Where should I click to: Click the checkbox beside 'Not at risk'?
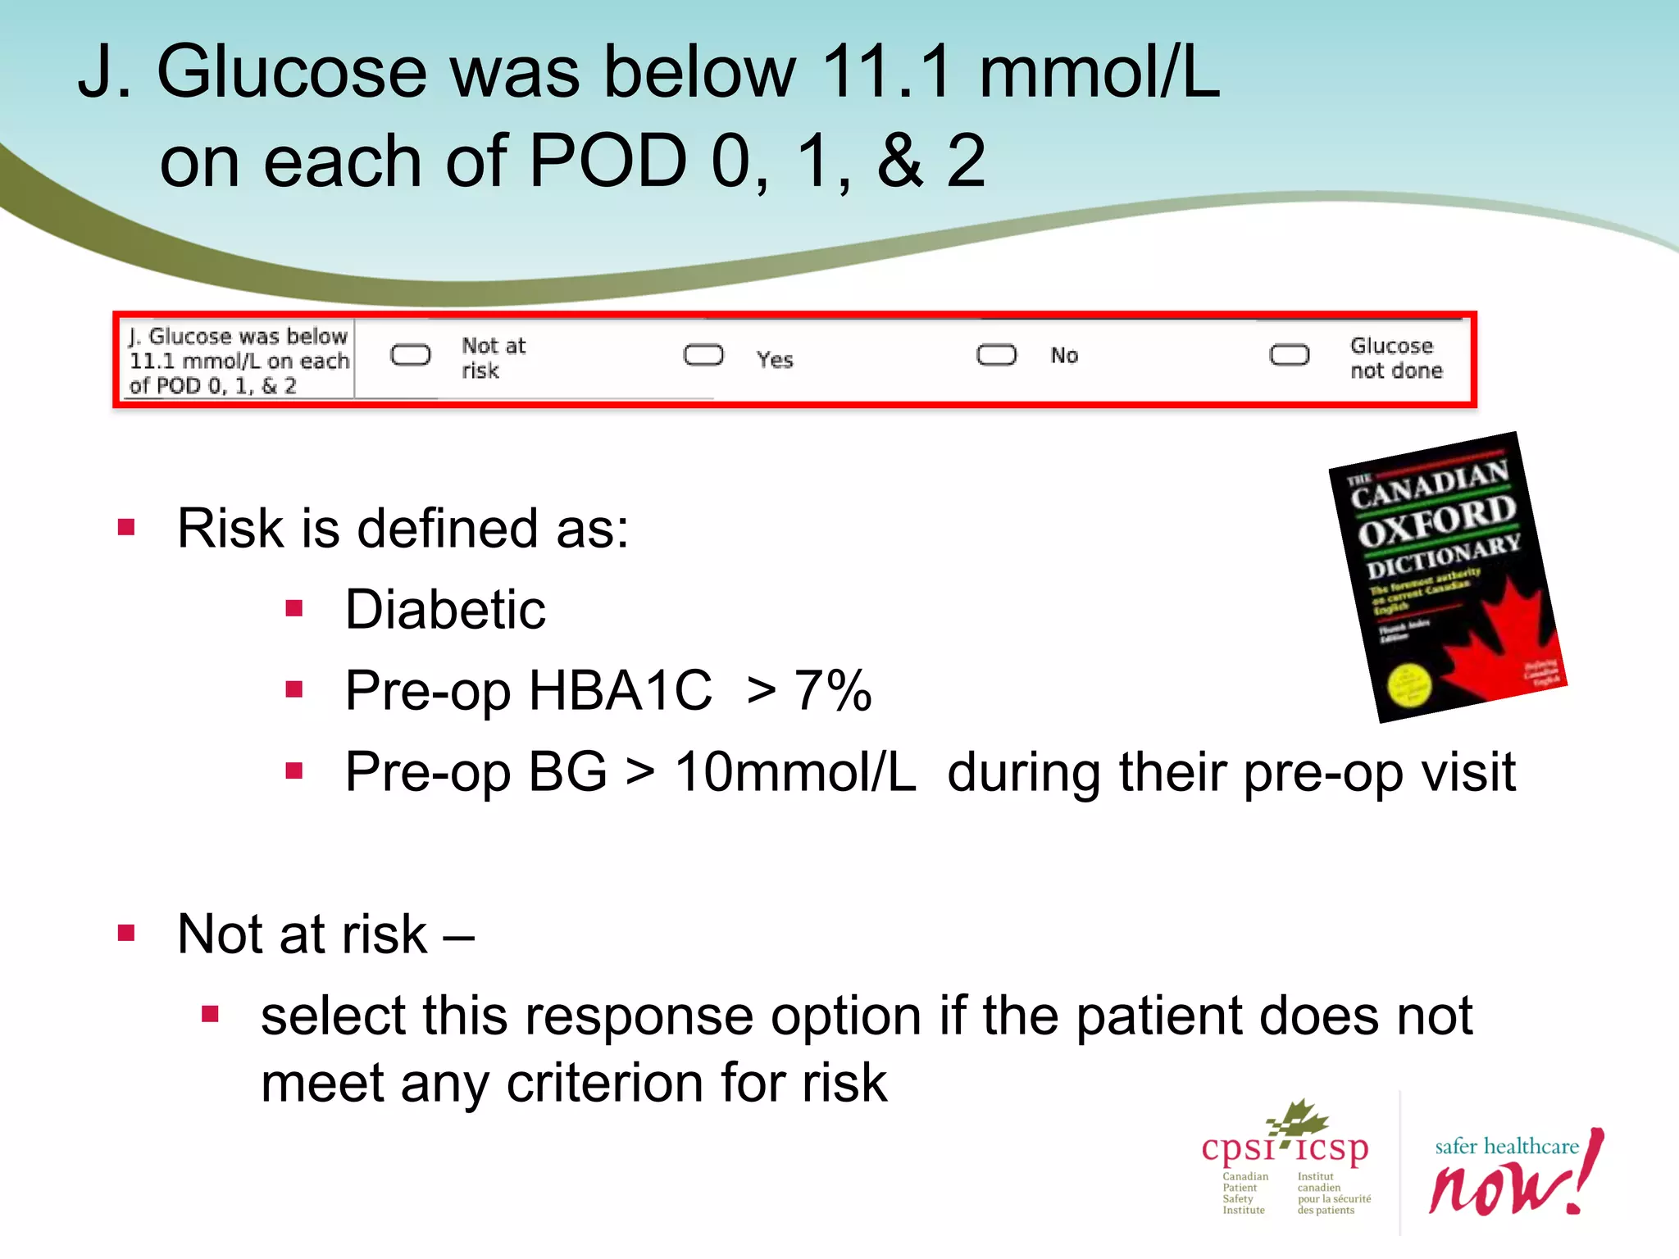click(x=410, y=355)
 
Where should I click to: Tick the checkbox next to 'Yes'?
click(x=703, y=355)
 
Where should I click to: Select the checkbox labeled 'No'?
click(x=996, y=355)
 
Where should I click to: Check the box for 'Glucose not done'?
click(x=1289, y=355)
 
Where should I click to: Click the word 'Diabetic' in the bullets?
click(x=445, y=610)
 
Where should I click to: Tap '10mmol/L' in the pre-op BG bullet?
click(x=794, y=772)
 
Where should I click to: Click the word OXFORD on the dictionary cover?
click(x=1436, y=521)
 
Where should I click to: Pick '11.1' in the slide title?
click(x=886, y=72)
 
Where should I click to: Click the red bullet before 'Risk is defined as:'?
click(x=126, y=527)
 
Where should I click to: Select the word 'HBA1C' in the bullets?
click(x=621, y=690)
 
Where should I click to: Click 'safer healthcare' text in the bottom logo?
click(x=1506, y=1146)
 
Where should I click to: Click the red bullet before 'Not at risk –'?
click(x=126, y=933)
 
